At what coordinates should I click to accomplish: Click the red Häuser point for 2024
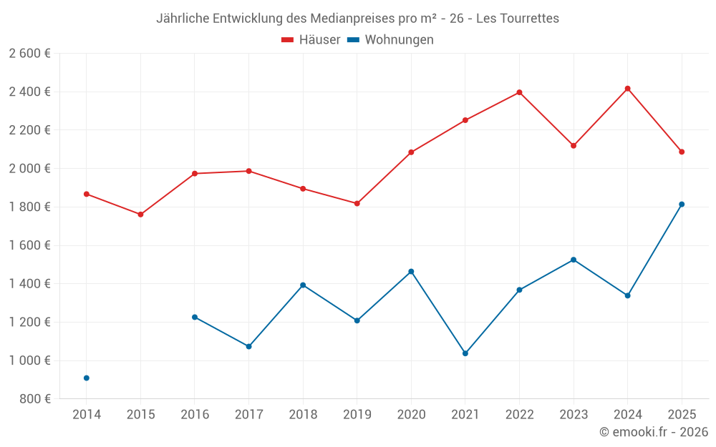tap(627, 89)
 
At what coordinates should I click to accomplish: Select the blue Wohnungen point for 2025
tap(682, 205)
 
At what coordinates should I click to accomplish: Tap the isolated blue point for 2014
tap(87, 378)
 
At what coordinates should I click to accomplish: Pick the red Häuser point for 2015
tap(140, 215)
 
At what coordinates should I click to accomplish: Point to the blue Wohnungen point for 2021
tap(465, 353)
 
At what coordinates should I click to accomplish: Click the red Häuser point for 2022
tap(519, 92)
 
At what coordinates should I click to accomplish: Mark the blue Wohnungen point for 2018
tap(303, 285)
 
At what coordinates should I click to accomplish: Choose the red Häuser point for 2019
tap(357, 203)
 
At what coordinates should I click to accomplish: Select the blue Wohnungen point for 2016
tap(195, 317)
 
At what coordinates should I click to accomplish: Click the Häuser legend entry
tap(311, 40)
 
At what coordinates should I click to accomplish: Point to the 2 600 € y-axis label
tap(29, 54)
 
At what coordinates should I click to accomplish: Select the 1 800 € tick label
tap(29, 207)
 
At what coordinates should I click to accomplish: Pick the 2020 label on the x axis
tap(411, 415)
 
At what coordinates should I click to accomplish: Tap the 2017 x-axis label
tap(248, 415)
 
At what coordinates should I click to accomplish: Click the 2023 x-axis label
tap(574, 415)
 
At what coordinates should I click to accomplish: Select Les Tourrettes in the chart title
tap(514, 19)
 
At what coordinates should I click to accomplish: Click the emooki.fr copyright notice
tap(653, 432)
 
